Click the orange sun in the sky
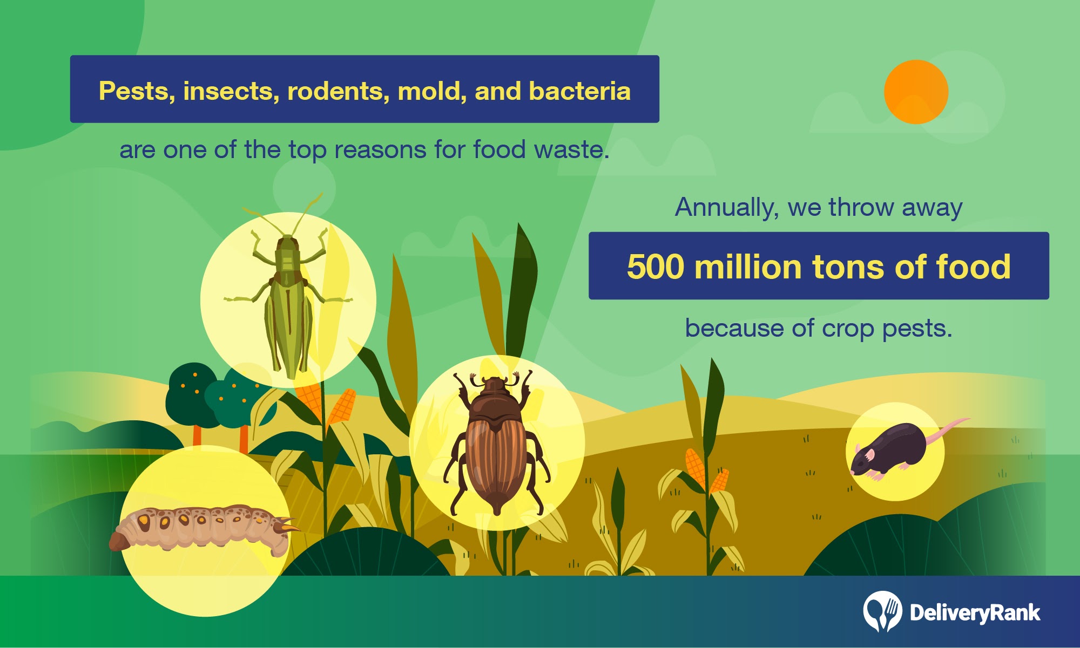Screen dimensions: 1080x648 [916, 92]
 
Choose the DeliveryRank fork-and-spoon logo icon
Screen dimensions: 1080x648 [882, 611]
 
